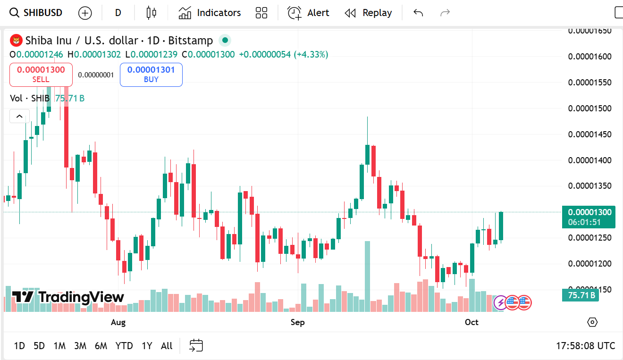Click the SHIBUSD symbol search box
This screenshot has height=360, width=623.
37,13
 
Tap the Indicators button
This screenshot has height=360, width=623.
210,13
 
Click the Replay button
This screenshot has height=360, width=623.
368,13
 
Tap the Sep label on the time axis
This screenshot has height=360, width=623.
297,322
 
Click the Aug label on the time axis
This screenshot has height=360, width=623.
118,322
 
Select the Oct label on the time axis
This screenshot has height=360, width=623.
471,322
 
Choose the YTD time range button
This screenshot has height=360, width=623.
124,346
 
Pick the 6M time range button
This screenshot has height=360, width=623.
101,346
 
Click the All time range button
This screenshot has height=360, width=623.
167,346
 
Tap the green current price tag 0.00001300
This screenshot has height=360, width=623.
589,212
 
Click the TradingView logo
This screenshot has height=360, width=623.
68,297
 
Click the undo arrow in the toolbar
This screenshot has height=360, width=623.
418,13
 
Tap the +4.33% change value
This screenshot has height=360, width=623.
311,54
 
